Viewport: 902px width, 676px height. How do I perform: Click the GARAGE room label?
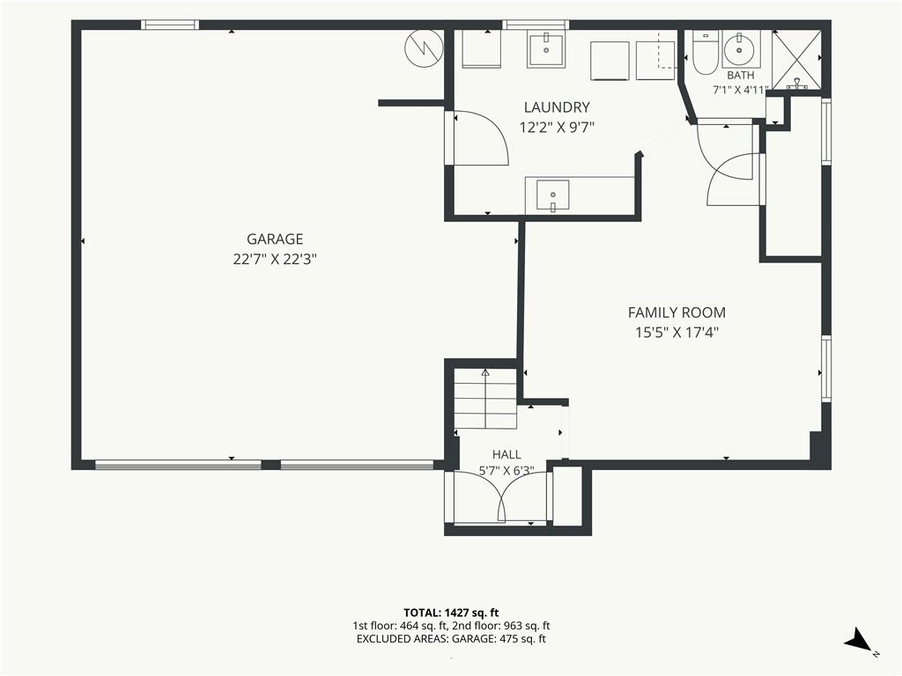pyautogui.click(x=275, y=239)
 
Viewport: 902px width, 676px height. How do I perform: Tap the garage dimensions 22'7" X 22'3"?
pyautogui.click(x=275, y=260)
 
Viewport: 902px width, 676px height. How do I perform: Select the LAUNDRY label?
pyautogui.click(x=557, y=107)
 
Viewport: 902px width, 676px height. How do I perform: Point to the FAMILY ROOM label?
pyautogui.click(x=676, y=312)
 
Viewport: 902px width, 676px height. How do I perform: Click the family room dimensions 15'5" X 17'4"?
pyautogui.click(x=677, y=332)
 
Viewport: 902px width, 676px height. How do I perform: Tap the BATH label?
pyautogui.click(x=740, y=76)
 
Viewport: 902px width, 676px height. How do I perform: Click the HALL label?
pyautogui.click(x=506, y=454)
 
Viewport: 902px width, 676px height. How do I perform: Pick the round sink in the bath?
pyautogui.click(x=737, y=50)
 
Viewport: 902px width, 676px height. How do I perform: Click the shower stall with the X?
pyautogui.click(x=796, y=59)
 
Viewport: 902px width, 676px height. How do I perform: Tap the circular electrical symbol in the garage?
pyautogui.click(x=424, y=48)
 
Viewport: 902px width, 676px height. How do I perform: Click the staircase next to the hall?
pyautogui.click(x=486, y=399)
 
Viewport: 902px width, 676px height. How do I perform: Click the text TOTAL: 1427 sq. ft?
pyautogui.click(x=451, y=613)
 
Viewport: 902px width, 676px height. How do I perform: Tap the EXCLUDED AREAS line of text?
pyautogui.click(x=451, y=639)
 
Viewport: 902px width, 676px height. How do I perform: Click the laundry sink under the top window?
pyautogui.click(x=546, y=50)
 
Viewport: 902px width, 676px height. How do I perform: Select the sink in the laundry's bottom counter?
pyautogui.click(x=552, y=195)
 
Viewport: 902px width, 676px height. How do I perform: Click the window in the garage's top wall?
pyautogui.click(x=170, y=25)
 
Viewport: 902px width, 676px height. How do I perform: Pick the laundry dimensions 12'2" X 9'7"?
pyautogui.click(x=557, y=127)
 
